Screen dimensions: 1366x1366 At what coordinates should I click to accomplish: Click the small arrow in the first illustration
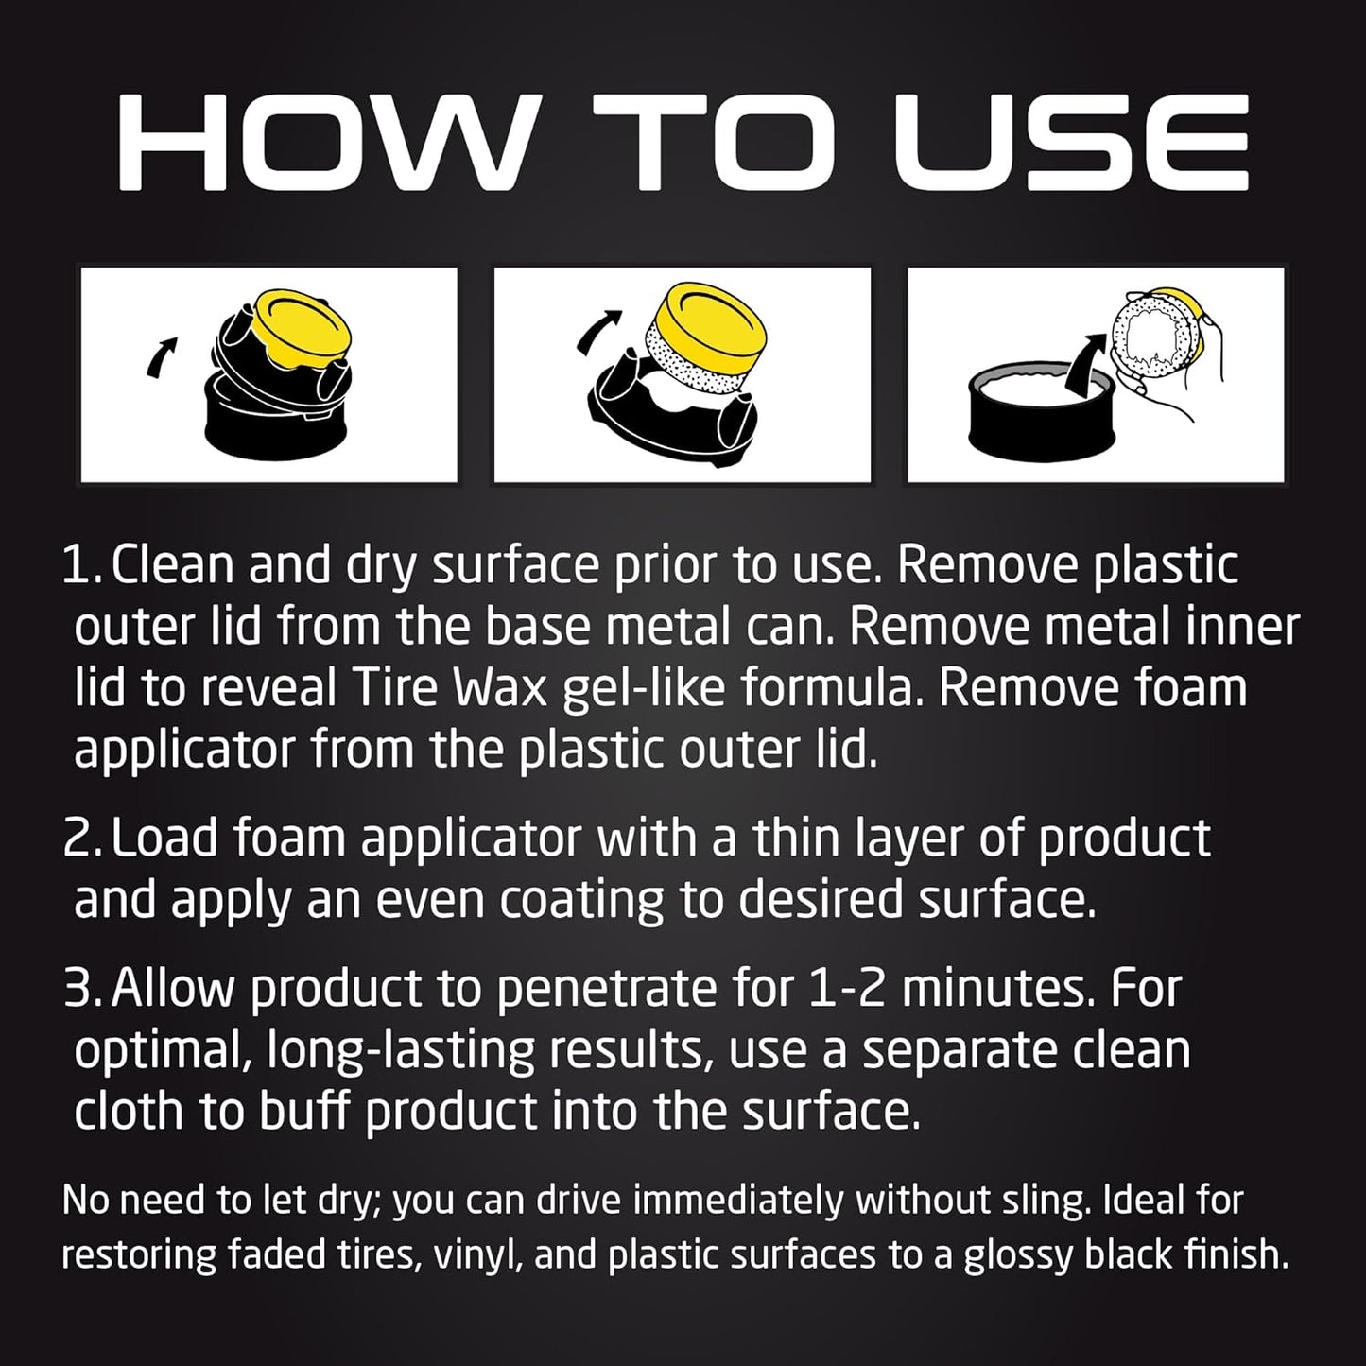click(x=162, y=355)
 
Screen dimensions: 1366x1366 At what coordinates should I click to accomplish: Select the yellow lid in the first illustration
click(x=301, y=330)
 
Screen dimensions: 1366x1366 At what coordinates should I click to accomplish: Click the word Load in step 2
click(x=164, y=838)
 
